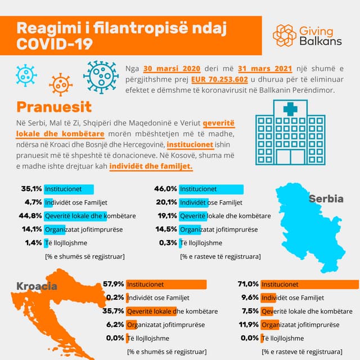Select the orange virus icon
[61, 84]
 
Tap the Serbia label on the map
[326, 199]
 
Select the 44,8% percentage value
[31, 216]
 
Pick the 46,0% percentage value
[166, 189]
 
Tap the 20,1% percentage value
[166, 202]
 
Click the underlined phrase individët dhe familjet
[151, 166]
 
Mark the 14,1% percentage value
[31, 229]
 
